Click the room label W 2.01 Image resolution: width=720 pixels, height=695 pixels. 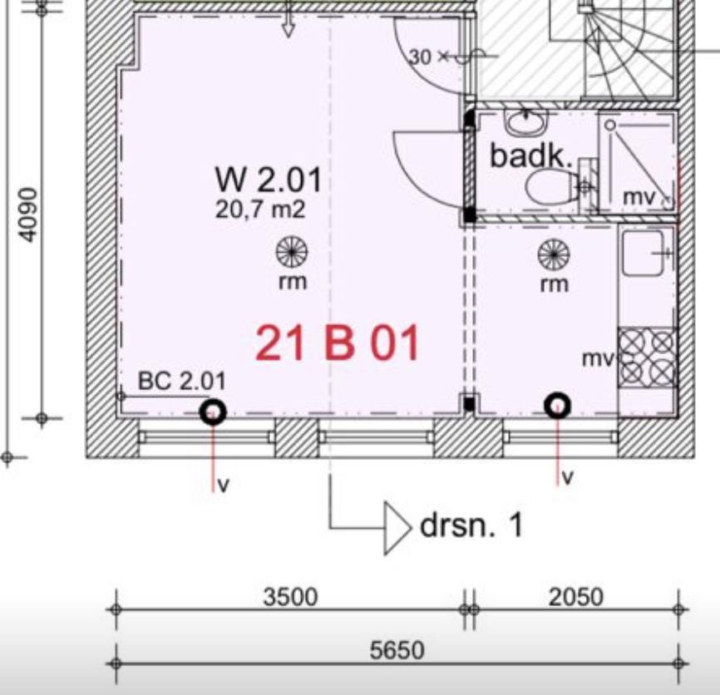pos(269,180)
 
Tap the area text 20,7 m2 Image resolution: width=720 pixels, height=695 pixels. pos(260,209)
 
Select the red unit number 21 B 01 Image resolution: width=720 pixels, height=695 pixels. pos(337,343)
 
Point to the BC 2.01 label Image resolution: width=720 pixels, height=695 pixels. pos(182,381)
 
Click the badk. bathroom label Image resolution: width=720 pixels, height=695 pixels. pos(531,155)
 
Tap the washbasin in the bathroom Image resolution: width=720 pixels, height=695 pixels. pos(526,121)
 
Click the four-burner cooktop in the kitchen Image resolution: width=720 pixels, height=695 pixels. pos(647,358)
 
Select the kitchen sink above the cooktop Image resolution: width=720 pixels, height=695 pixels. pos(643,253)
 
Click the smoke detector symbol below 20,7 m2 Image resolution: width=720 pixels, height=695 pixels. pos(292,253)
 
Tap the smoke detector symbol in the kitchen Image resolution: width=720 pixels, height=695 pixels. pos(554,254)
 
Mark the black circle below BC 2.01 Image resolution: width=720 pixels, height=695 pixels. pos(214,412)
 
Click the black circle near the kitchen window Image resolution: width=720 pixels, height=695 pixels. pos(557,406)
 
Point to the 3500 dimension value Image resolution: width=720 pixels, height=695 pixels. pos(290,597)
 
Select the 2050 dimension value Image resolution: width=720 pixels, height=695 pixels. pos(576,597)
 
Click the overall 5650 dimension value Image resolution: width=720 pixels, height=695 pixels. pos(397,650)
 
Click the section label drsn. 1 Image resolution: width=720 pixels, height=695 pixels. pos(471,525)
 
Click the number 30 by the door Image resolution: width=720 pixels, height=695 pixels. pos(421,57)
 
